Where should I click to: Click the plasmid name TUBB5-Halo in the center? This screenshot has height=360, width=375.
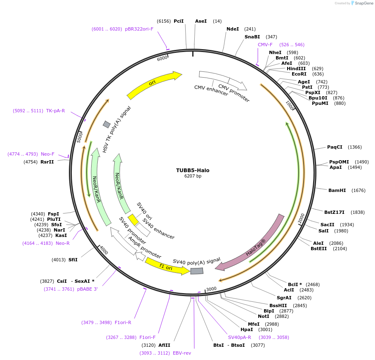(x=193, y=170)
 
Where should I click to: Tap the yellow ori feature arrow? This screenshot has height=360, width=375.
(x=153, y=84)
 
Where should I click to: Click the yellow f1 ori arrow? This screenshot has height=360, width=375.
(x=167, y=266)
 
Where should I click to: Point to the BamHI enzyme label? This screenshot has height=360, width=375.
(x=337, y=190)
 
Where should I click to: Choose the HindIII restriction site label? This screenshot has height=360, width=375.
(x=296, y=69)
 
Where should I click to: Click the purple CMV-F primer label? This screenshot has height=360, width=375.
(x=265, y=45)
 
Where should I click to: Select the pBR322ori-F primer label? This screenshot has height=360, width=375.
(x=139, y=29)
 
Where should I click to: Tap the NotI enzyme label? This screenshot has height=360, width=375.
(x=264, y=316)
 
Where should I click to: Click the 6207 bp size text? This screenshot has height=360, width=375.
(x=193, y=176)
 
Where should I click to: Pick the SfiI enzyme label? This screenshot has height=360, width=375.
(x=73, y=260)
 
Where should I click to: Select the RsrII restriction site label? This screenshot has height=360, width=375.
(x=47, y=162)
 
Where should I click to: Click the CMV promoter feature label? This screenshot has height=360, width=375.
(x=234, y=93)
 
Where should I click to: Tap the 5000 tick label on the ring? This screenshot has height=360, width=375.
(x=80, y=137)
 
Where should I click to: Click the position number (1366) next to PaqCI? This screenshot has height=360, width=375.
(x=354, y=147)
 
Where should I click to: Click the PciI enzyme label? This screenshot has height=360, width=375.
(x=179, y=21)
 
